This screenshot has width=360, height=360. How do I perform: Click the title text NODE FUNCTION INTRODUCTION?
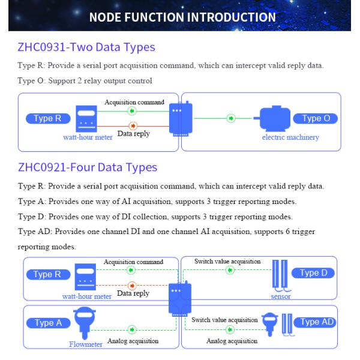182,17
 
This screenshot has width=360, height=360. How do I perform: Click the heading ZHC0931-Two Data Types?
86,47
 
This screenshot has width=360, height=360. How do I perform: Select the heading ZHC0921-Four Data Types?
88,167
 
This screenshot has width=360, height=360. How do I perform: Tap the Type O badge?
316,118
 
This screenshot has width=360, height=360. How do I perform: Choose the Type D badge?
313,273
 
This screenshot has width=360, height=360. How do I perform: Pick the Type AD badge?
315,322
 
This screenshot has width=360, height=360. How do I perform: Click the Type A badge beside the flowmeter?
48,323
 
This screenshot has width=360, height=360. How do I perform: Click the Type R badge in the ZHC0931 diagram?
48,118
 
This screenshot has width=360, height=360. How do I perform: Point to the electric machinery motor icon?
272,118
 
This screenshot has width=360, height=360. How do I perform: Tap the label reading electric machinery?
290,137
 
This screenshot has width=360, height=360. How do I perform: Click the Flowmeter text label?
86,344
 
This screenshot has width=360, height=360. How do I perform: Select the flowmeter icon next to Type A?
85,323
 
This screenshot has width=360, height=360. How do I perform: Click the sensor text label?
281,296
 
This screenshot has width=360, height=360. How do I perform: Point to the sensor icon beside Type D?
281,275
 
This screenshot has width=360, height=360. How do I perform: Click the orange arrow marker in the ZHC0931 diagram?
133,126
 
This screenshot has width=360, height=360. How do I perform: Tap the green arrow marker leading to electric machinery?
231,118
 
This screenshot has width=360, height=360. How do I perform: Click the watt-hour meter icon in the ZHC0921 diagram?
85,277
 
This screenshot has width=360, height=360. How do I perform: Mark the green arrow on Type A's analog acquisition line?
132,330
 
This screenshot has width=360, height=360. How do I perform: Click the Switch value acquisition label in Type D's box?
227,261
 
